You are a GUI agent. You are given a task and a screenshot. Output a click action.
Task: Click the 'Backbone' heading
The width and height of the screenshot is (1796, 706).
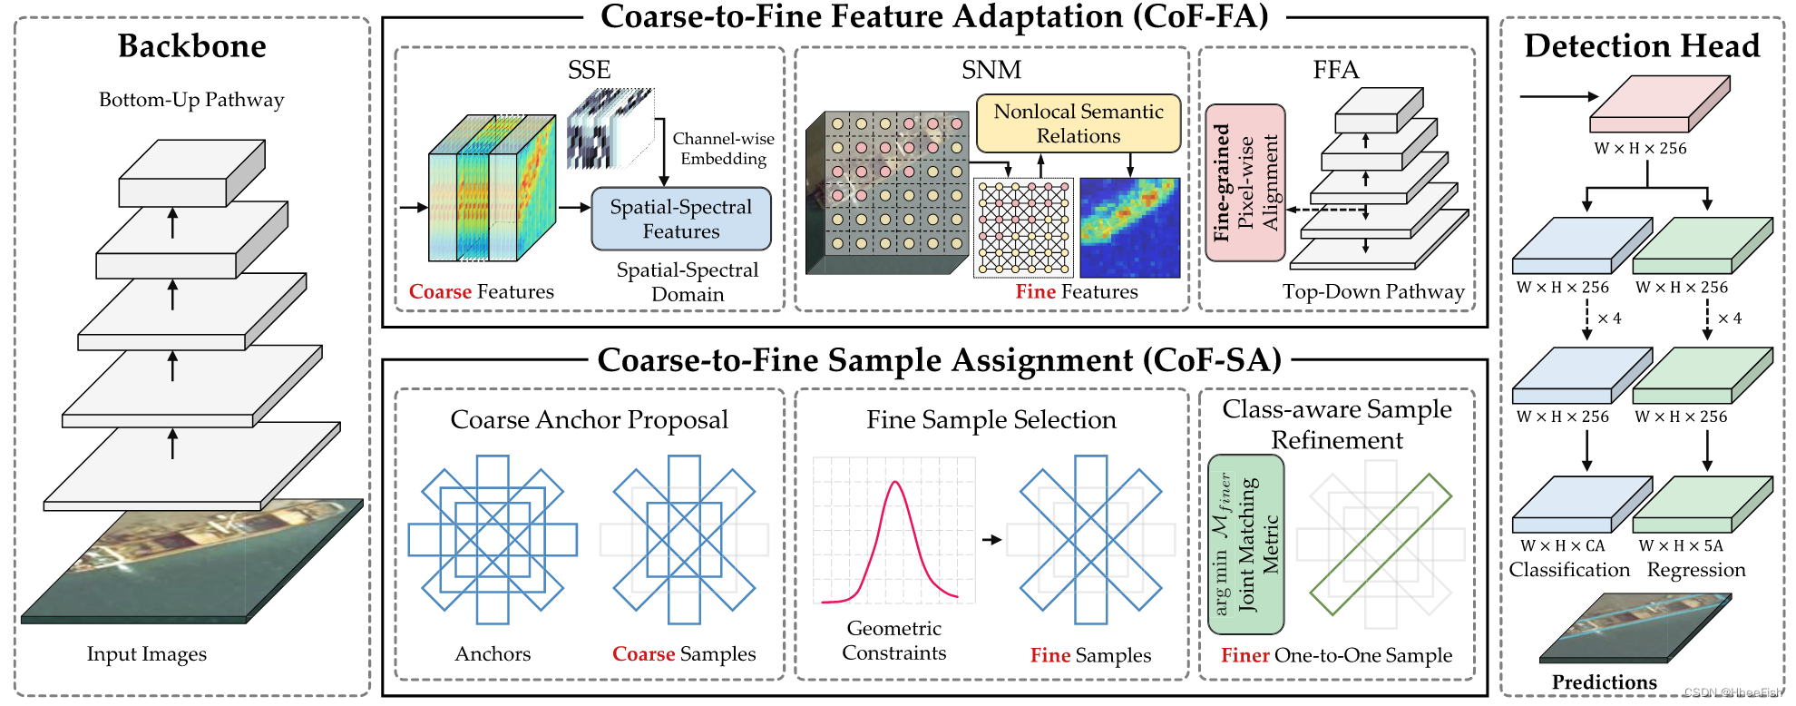point(191,46)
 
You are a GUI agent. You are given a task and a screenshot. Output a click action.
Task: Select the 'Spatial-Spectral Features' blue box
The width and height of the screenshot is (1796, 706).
point(680,219)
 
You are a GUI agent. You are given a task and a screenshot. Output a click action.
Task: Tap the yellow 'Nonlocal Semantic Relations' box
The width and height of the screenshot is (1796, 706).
point(1078,123)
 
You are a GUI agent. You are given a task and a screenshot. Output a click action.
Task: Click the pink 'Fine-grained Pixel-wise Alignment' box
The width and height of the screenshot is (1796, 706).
point(1245,182)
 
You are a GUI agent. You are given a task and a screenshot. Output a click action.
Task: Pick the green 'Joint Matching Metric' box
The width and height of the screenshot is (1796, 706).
point(1245,544)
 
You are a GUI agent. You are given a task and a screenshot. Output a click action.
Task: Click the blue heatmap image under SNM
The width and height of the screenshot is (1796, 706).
point(1129,228)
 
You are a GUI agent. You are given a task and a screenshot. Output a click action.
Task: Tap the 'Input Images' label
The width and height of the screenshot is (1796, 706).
point(146,654)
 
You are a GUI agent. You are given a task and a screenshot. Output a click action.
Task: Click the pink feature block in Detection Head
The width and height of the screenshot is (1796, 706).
point(1658,104)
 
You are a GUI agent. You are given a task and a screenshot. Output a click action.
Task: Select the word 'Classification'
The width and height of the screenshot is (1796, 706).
point(1569,570)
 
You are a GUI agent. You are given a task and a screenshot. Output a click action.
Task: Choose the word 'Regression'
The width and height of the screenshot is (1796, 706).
point(1695,570)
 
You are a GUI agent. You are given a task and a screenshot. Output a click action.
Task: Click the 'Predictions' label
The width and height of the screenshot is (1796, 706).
point(1604,682)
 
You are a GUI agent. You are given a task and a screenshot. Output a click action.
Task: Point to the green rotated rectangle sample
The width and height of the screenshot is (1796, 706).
point(1381,544)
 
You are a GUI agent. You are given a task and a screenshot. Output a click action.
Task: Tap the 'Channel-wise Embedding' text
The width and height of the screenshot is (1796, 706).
point(723,149)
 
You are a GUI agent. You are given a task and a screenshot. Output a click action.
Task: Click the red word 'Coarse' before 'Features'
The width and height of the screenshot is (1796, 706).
point(440,292)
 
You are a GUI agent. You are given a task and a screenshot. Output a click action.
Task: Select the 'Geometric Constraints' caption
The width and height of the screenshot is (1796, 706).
point(893,641)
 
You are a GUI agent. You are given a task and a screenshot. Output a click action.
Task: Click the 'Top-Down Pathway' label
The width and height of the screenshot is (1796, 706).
point(1372,292)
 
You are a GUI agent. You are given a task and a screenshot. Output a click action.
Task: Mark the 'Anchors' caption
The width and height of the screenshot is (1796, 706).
point(493,654)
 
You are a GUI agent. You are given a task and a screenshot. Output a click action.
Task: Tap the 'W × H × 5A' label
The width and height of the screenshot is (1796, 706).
point(1680,546)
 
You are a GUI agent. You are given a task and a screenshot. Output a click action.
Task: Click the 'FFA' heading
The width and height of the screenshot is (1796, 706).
point(1335,70)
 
